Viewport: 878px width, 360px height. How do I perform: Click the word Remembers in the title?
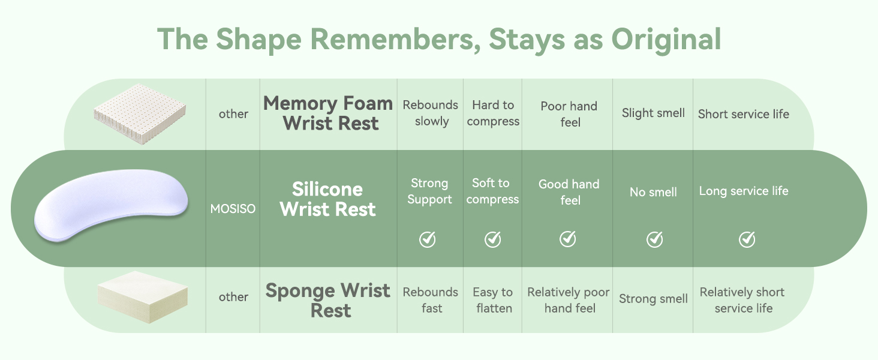click(395, 39)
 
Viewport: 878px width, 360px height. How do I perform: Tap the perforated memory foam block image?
click(140, 114)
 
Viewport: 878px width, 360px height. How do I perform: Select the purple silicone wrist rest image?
click(111, 205)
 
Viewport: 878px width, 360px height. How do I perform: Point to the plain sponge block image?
click(142, 297)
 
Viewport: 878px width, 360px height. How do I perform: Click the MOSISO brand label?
click(233, 209)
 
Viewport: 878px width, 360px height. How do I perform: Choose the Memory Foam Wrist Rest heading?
click(328, 113)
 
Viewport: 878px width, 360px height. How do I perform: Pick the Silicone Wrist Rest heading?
click(327, 199)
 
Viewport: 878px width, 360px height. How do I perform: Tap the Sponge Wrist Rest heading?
click(328, 301)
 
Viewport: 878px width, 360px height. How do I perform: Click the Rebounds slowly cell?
click(431, 113)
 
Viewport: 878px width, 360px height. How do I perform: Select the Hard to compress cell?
click(493, 113)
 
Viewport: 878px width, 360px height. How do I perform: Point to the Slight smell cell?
click(654, 113)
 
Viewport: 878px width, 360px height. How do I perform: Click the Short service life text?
click(744, 114)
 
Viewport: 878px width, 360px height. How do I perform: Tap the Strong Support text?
click(429, 191)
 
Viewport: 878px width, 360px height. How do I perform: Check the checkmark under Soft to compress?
click(493, 239)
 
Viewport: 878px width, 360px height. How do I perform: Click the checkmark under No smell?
click(654, 239)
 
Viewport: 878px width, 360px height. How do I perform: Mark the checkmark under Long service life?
click(747, 239)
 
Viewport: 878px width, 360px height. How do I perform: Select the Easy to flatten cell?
click(493, 300)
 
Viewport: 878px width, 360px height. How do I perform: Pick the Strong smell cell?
click(654, 299)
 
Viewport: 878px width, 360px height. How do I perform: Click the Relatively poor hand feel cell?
click(569, 300)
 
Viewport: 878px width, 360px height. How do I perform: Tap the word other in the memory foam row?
click(234, 114)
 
